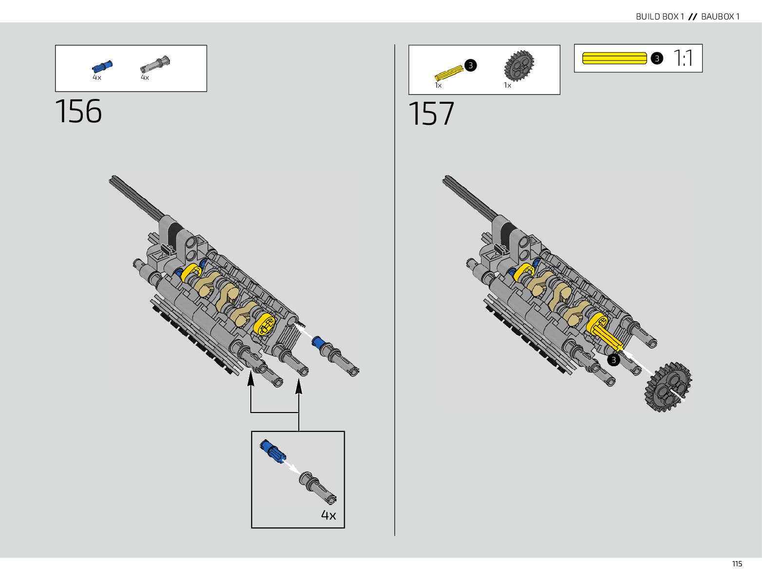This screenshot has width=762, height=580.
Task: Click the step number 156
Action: click(x=78, y=111)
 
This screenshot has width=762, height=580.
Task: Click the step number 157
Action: click(x=431, y=114)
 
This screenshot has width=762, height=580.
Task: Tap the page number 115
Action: click(x=737, y=564)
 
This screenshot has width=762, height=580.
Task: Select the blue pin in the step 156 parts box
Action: click(x=102, y=66)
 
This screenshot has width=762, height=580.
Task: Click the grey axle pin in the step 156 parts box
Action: click(x=155, y=64)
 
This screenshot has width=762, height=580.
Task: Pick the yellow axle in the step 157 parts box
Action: click(x=449, y=73)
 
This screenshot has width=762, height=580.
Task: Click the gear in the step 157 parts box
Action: click(x=519, y=66)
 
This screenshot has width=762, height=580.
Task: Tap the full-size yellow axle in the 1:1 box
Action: click(x=614, y=58)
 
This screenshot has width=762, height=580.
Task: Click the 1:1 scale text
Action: click(x=684, y=58)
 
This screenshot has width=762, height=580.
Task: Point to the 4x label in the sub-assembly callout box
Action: click(x=328, y=515)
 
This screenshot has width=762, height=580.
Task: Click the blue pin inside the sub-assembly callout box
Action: click(x=272, y=451)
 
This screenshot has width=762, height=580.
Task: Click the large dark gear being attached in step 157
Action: click(x=668, y=387)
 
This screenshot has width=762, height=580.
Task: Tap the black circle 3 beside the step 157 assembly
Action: click(x=613, y=360)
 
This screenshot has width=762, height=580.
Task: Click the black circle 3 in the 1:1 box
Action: click(x=657, y=58)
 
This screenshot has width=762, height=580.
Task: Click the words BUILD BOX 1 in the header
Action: click(x=660, y=17)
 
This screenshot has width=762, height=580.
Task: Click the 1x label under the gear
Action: click(x=507, y=85)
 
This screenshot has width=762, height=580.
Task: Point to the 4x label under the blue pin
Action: click(x=97, y=77)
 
